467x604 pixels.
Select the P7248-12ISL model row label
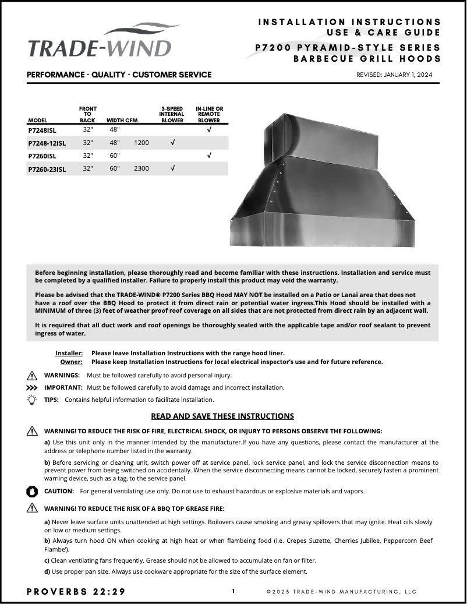(47, 143)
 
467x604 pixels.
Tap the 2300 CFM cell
(141, 168)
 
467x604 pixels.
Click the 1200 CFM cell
(141, 143)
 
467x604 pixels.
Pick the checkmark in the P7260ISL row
(209, 156)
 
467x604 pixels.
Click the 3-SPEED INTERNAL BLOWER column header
(172, 115)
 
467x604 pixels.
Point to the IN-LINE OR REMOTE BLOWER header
(209, 115)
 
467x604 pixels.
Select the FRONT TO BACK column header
(87, 115)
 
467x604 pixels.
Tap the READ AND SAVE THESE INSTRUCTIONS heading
(222, 416)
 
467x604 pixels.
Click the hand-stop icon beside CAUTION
(32, 491)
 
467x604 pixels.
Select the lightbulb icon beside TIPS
(32, 400)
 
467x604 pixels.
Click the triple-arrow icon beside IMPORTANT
(32, 387)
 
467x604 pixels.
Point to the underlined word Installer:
(69, 353)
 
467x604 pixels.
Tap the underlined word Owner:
(72, 362)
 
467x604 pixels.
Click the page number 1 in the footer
(233, 591)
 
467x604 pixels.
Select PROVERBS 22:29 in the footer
(76, 592)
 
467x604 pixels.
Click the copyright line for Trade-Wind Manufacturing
(342, 592)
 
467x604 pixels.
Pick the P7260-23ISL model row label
(47, 169)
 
